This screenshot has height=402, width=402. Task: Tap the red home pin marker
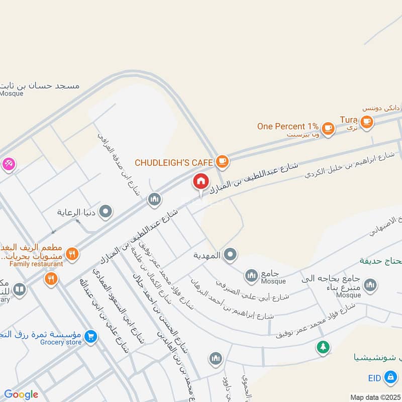[x=200, y=182]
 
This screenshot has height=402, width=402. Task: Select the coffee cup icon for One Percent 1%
[x=328, y=128]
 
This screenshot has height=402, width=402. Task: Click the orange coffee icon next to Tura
[x=366, y=121]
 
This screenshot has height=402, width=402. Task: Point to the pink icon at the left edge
[x=9, y=163]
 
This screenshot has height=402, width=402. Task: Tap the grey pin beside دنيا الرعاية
[x=106, y=212]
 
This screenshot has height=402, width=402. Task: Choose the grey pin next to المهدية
[x=231, y=255]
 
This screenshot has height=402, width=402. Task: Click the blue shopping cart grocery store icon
[x=91, y=335]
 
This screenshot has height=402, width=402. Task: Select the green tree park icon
[x=323, y=347]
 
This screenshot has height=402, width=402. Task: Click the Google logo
[x=21, y=394]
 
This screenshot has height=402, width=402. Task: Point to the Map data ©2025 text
[x=375, y=397]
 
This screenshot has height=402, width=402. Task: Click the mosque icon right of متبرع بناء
[x=370, y=285]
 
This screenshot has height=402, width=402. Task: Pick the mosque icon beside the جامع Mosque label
[x=251, y=275]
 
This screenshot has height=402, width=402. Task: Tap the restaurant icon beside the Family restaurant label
[x=72, y=254]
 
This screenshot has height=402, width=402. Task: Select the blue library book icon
[x=19, y=289]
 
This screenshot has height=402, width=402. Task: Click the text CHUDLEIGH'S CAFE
[x=174, y=162]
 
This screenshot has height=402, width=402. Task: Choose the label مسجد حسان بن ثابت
[x=40, y=85]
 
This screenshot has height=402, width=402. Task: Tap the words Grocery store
[x=61, y=342]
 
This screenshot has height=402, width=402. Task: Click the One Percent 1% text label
[x=288, y=127]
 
